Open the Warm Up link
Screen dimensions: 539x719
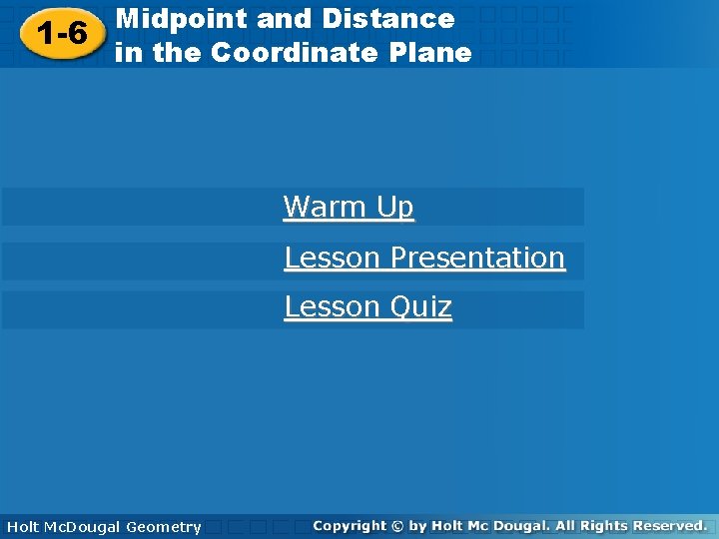[x=349, y=207]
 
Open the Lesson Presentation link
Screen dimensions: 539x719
[x=424, y=258]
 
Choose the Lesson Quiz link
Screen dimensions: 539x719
[x=367, y=306]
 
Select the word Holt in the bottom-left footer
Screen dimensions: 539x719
[x=24, y=527]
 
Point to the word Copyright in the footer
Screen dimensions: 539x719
[x=350, y=526]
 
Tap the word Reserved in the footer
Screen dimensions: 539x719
[x=668, y=525]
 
